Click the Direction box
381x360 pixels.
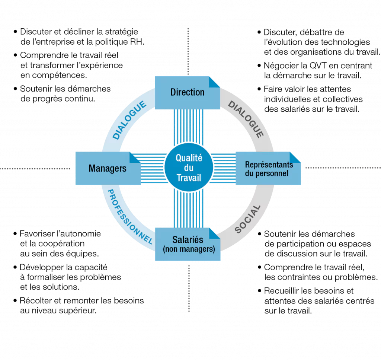(188, 93)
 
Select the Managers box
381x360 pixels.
(108, 168)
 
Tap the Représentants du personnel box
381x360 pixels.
(268, 168)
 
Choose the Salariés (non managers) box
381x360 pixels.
(188, 244)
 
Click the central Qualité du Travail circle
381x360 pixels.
(189, 168)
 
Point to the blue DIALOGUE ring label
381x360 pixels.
(129, 120)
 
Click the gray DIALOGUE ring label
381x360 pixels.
(246, 120)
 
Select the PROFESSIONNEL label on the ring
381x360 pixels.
(129, 217)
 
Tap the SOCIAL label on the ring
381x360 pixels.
(247, 219)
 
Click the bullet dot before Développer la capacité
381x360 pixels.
(15, 267)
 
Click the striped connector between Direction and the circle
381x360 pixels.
(189, 127)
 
